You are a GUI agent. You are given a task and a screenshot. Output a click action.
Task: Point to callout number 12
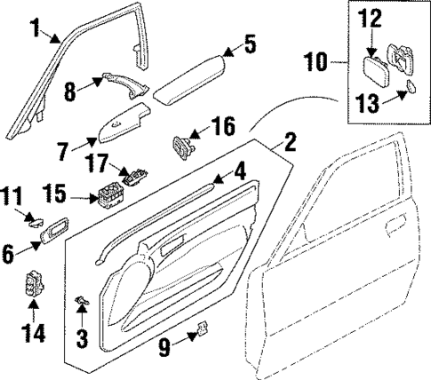(370, 15)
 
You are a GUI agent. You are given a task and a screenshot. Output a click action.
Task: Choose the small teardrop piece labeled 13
(411, 86)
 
